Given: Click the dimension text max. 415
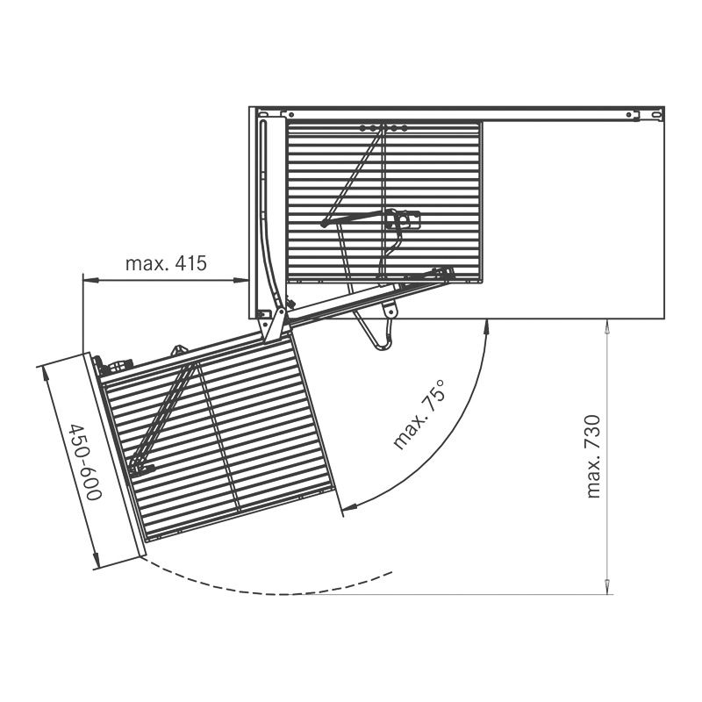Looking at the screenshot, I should pos(166,263).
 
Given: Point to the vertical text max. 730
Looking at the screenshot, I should pos(594,456).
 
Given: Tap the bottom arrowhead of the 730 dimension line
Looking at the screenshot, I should pos(607,588).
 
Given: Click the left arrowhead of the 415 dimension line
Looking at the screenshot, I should pos(89,280).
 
